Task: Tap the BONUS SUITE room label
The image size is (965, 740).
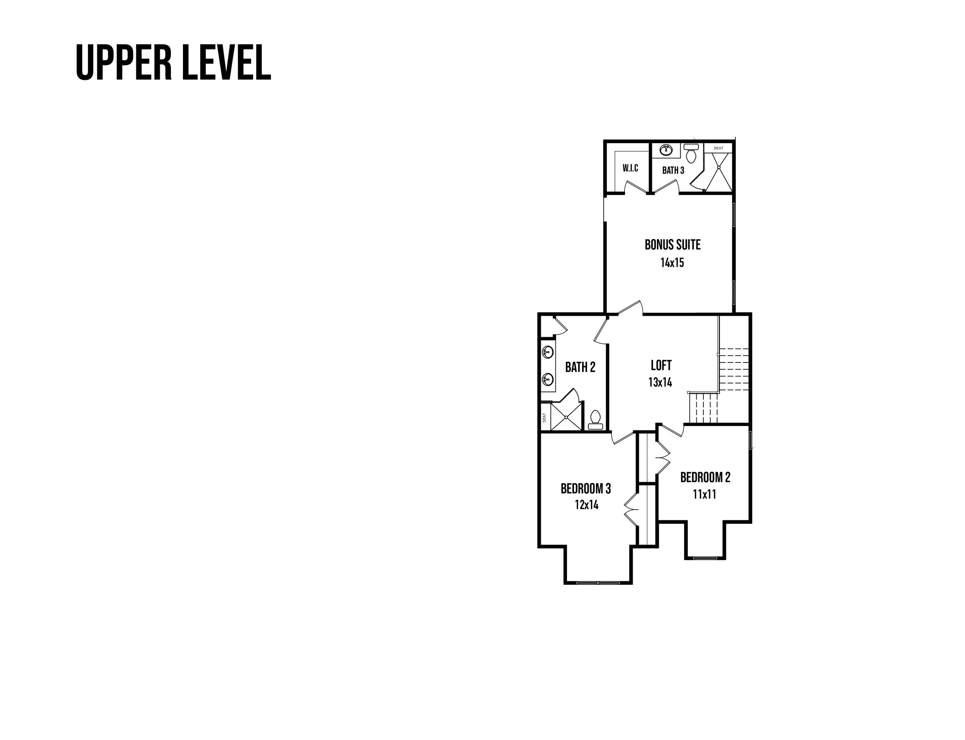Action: coord(672,245)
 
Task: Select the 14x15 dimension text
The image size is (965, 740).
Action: coord(672,263)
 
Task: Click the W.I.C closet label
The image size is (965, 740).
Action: coord(630,168)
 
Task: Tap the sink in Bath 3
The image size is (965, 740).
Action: coord(666,150)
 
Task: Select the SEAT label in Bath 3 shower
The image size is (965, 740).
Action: coord(718,148)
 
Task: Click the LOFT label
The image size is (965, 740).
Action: coord(661,365)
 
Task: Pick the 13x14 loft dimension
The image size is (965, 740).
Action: coord(660,382)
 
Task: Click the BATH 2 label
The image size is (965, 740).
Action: coord(580,367)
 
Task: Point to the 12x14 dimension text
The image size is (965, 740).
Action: coord(586,505)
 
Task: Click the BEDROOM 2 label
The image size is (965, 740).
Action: coord(705,478)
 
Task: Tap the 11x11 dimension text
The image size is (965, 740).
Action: coord(704,494)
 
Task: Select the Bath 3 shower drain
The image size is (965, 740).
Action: coord(719,168)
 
